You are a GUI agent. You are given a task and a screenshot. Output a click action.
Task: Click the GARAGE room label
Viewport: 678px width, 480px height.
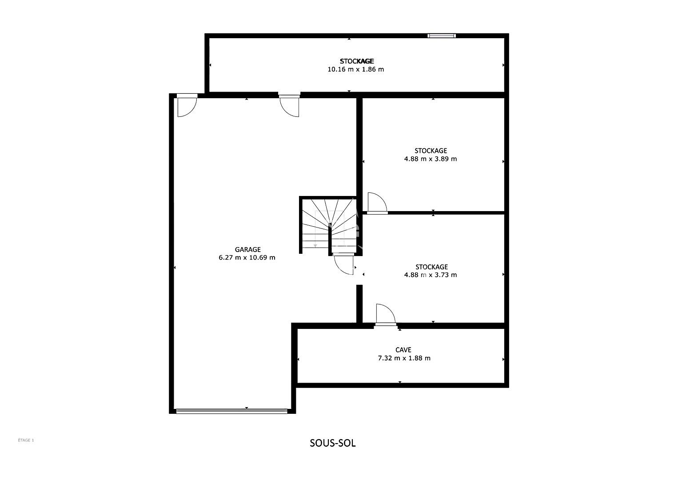(247, 249)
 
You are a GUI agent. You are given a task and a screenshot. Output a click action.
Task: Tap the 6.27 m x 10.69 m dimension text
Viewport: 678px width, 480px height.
(247, 258)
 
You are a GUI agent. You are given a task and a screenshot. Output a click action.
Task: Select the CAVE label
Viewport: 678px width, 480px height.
(403, 350)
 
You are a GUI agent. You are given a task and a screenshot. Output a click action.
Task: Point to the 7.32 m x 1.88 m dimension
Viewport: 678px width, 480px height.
(404, 358)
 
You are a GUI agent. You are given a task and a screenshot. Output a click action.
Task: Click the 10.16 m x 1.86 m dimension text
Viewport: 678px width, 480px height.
(355, 69)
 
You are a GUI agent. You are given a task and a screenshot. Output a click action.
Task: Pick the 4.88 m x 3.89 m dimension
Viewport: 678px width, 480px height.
(431, 159)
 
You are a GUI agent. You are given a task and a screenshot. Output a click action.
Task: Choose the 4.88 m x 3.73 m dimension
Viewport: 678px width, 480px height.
(431, 275)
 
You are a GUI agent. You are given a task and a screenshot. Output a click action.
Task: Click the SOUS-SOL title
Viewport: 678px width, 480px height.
(333, 443)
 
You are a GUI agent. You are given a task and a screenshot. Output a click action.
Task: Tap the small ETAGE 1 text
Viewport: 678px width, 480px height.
(26, 440)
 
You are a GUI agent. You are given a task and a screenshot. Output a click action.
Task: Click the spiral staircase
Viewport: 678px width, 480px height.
(329, 226)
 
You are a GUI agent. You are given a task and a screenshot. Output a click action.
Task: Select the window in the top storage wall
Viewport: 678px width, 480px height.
(442, 36)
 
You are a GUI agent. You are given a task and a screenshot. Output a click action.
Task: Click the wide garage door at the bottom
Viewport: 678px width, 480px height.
(232, 411)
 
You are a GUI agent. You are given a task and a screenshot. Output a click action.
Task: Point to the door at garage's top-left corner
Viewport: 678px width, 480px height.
(187, 105)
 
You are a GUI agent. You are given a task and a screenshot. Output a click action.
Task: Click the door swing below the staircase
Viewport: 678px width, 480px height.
(344, 264)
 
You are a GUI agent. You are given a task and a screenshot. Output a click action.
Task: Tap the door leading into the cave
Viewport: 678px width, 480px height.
(386, 315)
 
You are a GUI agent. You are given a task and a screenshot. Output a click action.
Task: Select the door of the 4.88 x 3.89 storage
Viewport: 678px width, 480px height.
(377, 203)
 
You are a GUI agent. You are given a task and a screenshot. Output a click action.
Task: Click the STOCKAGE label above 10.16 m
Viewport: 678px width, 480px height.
(357, 61)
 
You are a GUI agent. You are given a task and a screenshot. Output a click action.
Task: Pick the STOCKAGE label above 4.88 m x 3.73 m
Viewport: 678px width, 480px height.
(431, 267)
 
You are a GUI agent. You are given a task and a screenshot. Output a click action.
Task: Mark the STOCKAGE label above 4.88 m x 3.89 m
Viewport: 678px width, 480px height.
(431, 151)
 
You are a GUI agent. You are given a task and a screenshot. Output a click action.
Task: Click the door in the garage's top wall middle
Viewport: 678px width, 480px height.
(290, 105)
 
